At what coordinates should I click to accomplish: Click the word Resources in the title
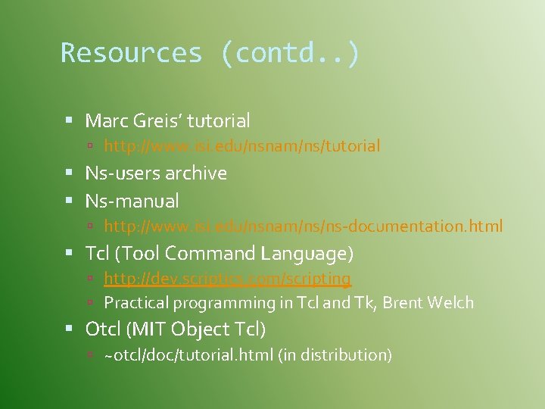point(132,53)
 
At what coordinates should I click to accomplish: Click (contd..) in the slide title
point(291,53)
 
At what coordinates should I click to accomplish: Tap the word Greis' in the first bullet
point(156,120)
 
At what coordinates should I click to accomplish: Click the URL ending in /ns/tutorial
point(241,145)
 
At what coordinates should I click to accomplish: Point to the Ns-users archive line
point(156,173)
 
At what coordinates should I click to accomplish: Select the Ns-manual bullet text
point(132,201)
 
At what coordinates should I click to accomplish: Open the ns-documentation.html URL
point(303,226)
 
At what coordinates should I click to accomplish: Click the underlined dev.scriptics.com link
point(227,279)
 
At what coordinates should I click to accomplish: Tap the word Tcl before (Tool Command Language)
point(96,253)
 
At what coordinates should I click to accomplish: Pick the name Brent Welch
point(428,303)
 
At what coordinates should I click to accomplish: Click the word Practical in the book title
point(136,303)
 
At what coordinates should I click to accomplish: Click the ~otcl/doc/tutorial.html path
point(189,354)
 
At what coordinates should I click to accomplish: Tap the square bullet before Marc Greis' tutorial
point(68,120)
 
